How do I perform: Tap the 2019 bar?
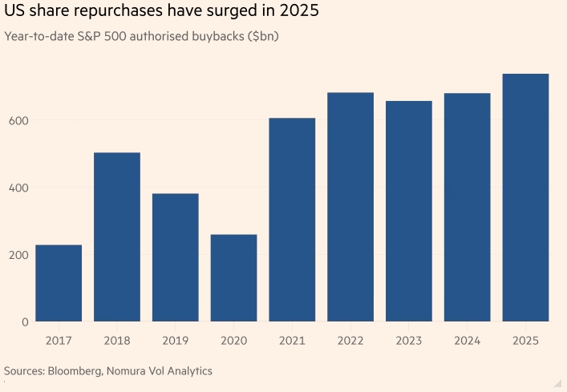coord(176,257)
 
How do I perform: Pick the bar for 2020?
coord(233,277)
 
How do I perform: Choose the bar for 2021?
coord(292,220)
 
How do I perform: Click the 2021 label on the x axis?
coord(292,340)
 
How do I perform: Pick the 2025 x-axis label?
coord(525,340)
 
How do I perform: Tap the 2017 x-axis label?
coord(59,340)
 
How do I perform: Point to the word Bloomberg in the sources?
coord(81,371)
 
